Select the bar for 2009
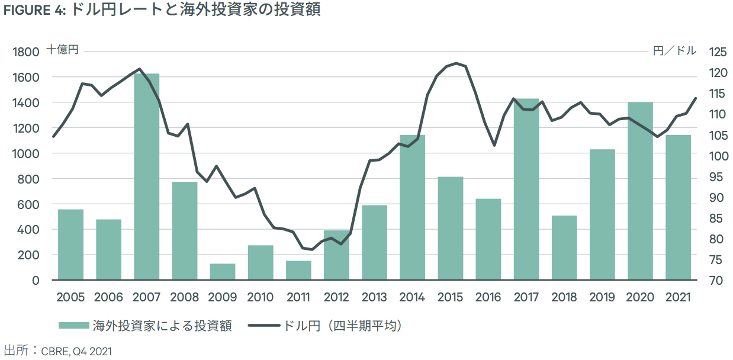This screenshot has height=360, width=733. click(x=223, y=272)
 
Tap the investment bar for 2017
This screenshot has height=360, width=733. click(x=526, y=189)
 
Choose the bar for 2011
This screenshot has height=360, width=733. click(x=298, y=270)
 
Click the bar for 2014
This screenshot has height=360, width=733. click(x=412, y=207)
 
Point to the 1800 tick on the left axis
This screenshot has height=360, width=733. click(x=27, y=52)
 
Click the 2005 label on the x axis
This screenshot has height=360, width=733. click(x=70, y=297)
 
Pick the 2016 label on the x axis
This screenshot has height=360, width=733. click(x=488, y=297)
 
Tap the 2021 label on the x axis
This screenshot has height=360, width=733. click(x=678, y=297)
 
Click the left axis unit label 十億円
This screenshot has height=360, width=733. click(x=62, y=50)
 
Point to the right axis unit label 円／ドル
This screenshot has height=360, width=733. click(x=674, y=50)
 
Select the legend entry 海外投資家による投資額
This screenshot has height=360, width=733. click(x=144, y=325)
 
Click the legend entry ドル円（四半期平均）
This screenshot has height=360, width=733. click(x=326, y=325)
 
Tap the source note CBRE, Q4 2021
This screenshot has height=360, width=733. click(x=76, y=351)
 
